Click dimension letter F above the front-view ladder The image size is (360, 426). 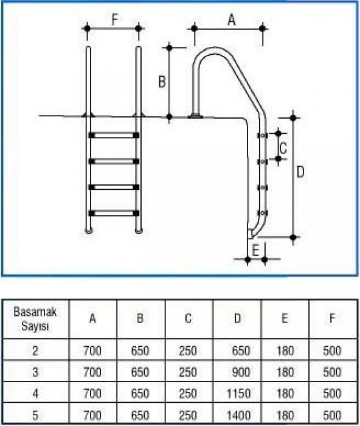[114, 21]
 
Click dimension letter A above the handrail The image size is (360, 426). [231, 21]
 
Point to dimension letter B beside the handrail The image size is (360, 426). [162, 81]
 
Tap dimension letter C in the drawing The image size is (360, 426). [283, 146]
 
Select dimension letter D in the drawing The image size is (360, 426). [300, 172]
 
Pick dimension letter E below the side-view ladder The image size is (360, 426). [256, 249]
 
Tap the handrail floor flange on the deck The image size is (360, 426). [197, 115]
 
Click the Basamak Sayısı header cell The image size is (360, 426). [35, 318]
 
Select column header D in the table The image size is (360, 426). [237, 318]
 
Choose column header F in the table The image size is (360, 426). [333, 318]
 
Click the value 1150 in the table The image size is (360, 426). [239, 393]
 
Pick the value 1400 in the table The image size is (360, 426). [239, 414]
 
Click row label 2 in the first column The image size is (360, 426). [35, 351]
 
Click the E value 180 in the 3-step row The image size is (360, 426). [285, 372]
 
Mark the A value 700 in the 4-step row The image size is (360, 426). [92, 393]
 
